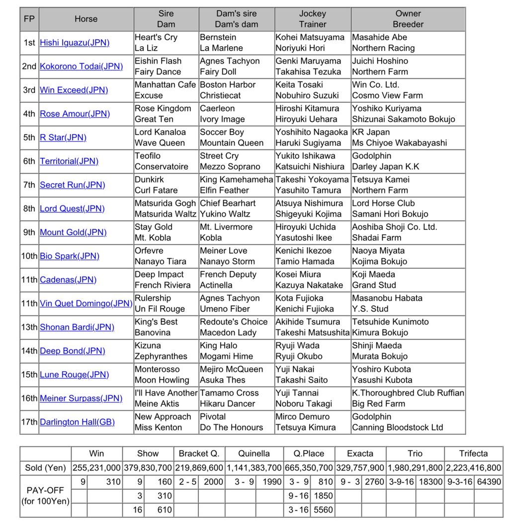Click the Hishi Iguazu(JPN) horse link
point(75,43)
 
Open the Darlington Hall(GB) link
point(77,422)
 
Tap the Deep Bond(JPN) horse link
point(73,351)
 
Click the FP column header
point(29,19)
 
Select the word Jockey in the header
point(312,14)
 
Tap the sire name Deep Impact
point(159,274)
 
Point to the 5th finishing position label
point(29,137)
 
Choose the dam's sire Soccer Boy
point(222,132)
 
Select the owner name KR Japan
point(371,132)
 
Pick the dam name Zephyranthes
point(161,356)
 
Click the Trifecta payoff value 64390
point(489,482)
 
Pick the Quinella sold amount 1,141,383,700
point(254,468)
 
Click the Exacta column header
point(360,454)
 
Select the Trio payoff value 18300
point(431,482)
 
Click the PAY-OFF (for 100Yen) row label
point(46,496)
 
